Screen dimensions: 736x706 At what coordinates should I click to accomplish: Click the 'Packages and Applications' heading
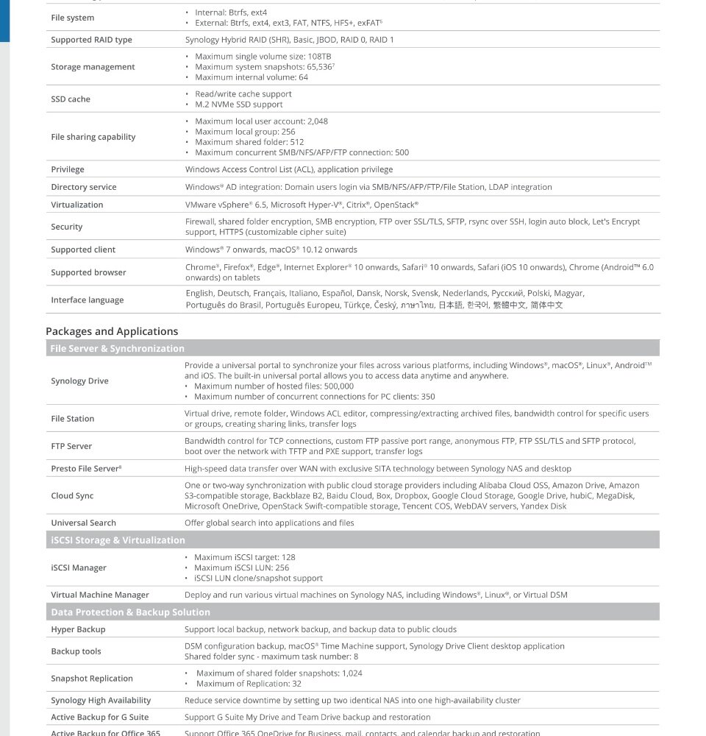(112, 331)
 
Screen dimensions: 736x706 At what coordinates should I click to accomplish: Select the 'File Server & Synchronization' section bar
(117, 349)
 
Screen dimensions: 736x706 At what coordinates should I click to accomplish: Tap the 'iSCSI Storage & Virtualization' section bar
(118, 540)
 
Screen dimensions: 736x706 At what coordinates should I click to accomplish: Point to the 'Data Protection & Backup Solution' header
(130, 612)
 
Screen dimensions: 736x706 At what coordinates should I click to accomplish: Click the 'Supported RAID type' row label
(91, 40)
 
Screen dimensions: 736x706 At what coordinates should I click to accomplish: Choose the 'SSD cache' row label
(71, 99)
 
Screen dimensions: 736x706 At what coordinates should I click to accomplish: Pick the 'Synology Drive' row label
(79, 381)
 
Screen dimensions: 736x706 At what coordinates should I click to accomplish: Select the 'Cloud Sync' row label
(72, 496)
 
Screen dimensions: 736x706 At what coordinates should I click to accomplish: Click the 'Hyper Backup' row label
(78, 630)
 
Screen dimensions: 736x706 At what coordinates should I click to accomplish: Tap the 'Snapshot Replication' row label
(92, 679)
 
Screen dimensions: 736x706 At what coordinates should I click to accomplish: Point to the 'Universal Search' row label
(83, 523)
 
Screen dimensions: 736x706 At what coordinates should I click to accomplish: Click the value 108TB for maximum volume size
(319, 57)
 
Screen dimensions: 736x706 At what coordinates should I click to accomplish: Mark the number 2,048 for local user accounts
(318, 121)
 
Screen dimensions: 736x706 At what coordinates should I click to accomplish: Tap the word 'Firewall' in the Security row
(200, 222)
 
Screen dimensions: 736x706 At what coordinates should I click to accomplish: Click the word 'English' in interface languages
(199, 294)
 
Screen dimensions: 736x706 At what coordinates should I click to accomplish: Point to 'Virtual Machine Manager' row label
(100, 595)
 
